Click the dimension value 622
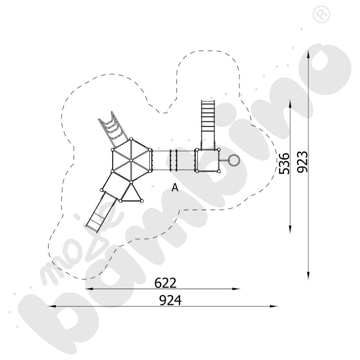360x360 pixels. click(x=165, y=283)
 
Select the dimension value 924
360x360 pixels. click(x=170, y=300)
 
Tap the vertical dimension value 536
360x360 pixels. click(x=284, y=163)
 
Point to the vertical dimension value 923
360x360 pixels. click(x=302, y=162)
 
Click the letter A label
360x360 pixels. click(x=175, y=188)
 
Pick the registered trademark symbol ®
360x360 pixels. click(x=321, y=14)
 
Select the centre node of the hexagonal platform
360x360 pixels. click(x=131, y=160)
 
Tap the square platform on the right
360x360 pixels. click(x=207, y=161)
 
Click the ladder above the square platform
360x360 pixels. click(x=208, y=124)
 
